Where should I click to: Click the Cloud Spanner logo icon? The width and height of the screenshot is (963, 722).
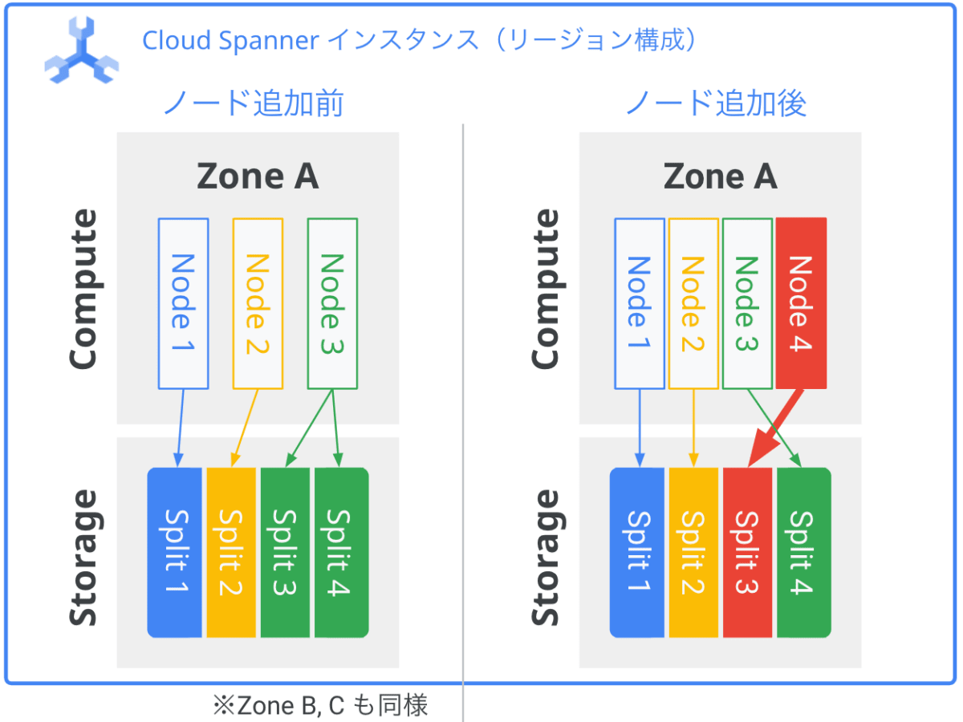pos(82,51)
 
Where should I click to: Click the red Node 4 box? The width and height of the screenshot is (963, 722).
pos(801,303)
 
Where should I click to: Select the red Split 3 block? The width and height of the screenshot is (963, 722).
pos(747,553)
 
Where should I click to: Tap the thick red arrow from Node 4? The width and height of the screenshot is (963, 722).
pos(775,428)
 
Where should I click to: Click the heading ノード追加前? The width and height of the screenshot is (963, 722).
pos(254,103)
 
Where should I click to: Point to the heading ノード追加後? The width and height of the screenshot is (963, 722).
pos(716,103)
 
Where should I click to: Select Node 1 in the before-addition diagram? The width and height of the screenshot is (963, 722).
pos(184,303)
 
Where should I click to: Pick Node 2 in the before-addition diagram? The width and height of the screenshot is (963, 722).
pos(258,303)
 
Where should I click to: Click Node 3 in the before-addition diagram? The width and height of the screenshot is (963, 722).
pos(332,303)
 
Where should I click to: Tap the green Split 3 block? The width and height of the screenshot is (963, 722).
pos(285,553)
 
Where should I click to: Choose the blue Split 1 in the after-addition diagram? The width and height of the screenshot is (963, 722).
pos(637,553)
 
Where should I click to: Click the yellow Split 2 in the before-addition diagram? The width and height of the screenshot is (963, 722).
pos(231,553)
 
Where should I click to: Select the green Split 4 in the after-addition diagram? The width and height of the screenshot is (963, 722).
pos(804,553)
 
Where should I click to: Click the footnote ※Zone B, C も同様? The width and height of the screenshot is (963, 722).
pos(320,705)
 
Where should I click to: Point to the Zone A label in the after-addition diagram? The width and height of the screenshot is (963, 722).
pos(721,176)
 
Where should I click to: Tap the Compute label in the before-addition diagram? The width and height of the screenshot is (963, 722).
pos(83,290)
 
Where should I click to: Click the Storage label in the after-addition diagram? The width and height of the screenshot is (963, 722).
pos(546,558)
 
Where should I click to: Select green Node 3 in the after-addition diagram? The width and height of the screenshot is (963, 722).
pos(748,303)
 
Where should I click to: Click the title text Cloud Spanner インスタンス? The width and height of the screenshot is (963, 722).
pos(311,40)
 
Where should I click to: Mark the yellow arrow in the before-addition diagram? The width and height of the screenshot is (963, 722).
pos(246,428)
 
